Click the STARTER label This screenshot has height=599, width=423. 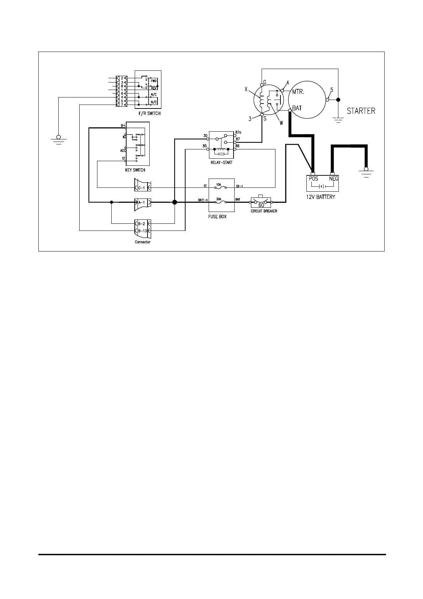click(x=361, y=111)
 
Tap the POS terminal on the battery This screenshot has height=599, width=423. click(x=313, y=179)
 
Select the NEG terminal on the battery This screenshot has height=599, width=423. click(x=333, y=179)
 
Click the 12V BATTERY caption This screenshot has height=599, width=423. click(x=321, y=197)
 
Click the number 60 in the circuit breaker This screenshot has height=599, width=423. click(x=261, y=205)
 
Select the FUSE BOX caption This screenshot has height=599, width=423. click(x=217, y=216)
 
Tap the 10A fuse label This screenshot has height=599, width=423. click(x=219, y=185)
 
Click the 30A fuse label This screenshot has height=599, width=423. click(x=219, y=199)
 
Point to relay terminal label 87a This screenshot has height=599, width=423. click(x=239, y=133)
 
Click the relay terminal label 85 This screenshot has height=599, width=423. click(x=205, y=145)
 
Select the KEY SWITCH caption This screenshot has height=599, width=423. click(x=135, y=170)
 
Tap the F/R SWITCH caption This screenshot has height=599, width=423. click(x=149, y=113)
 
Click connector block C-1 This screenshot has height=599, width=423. click(x=142, y=187)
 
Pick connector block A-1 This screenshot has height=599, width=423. click(x=142, y=202)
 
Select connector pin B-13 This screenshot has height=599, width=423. click(x=142, y=230)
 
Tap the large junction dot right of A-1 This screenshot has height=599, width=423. click(x=175, y=202)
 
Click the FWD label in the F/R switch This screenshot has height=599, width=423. click(x=154, y=80)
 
